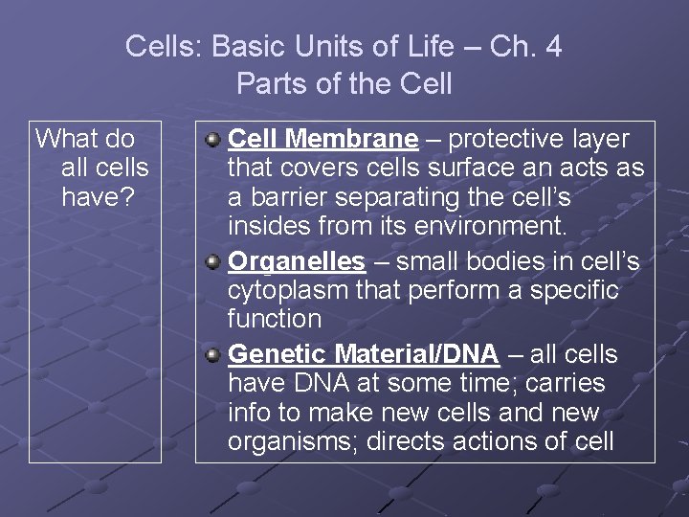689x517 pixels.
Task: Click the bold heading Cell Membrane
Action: (323, 140)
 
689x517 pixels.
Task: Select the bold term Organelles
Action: (297, 261)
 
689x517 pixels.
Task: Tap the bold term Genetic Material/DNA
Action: (364, 354)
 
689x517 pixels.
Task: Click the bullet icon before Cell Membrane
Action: (214, 141)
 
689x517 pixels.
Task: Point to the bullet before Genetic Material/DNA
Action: (214, 355)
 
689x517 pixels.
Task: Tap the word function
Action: (274, 318)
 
